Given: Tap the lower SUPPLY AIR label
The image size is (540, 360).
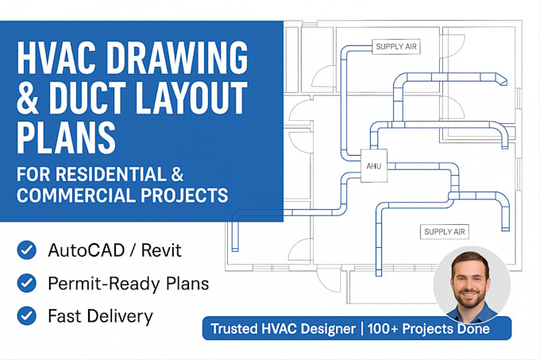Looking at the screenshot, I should (445, 232).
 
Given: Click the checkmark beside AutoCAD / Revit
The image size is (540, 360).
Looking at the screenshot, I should (25, 251).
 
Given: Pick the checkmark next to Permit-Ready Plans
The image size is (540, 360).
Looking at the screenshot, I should (25, 283).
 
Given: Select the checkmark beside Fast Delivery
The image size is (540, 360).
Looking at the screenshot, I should (25, 315).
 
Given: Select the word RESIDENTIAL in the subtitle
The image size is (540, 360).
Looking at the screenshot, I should (109, 172).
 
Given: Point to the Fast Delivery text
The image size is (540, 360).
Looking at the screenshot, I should (99, 315).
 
